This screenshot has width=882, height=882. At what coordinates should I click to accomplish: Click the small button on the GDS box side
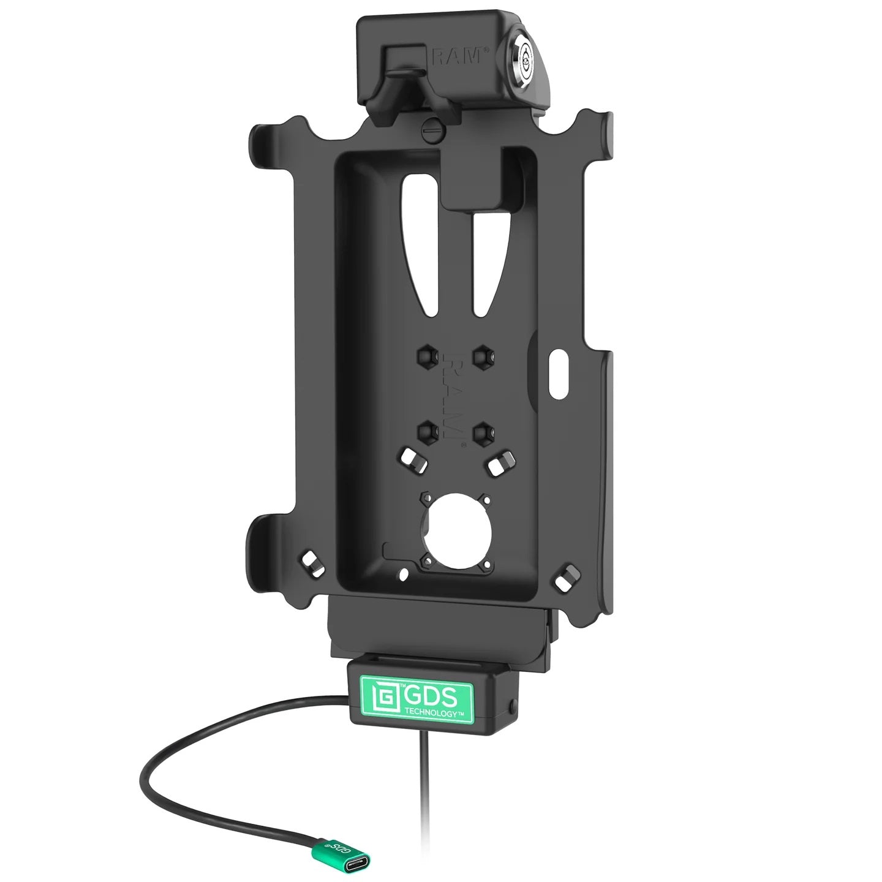click(510, 709)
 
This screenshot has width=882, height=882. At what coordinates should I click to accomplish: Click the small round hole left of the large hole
click(404, 573)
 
